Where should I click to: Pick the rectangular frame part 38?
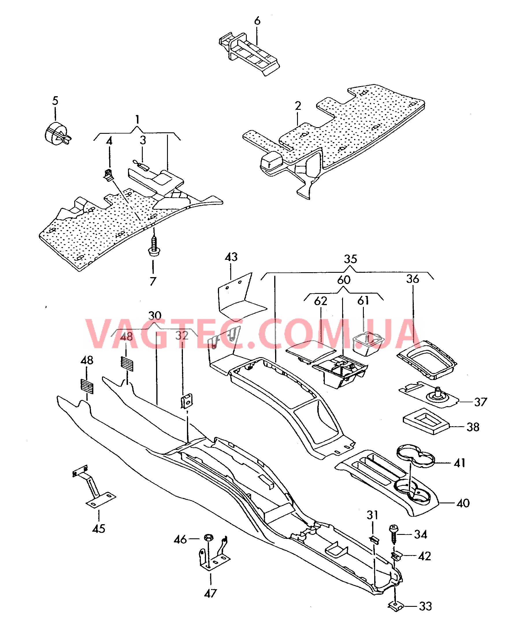(426, 421)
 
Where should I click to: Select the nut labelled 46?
(209, 538)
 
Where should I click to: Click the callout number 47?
(210, 593)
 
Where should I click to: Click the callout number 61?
(363, 301)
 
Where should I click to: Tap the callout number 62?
(320, 301)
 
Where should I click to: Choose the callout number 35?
(351, 259)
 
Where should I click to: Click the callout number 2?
(298, 105)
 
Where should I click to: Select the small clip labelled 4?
(108, 175)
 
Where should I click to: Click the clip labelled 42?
(396, 556)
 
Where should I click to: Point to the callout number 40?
(463, 503)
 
